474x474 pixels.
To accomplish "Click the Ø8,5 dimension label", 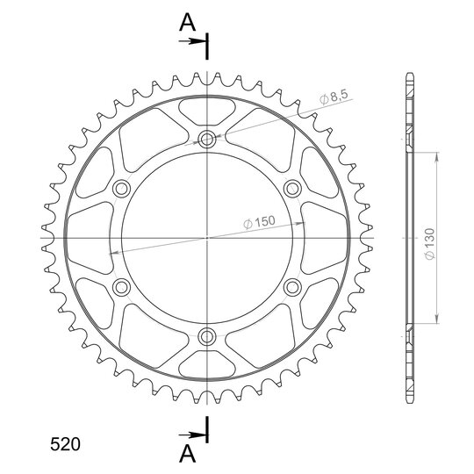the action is point(334,97).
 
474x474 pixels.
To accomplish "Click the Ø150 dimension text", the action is point(259,222).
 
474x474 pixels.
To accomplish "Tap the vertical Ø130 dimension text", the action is point(429,244).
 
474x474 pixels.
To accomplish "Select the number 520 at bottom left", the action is point(65,444).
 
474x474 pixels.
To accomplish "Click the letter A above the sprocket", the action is point(188,23).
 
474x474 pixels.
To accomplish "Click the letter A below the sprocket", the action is point(188,454).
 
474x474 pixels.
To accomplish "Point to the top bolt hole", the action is point(207,140).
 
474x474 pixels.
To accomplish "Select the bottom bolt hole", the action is point(207,336).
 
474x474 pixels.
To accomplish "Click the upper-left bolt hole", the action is point(121,189).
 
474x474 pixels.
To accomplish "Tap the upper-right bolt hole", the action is point(292,189).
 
